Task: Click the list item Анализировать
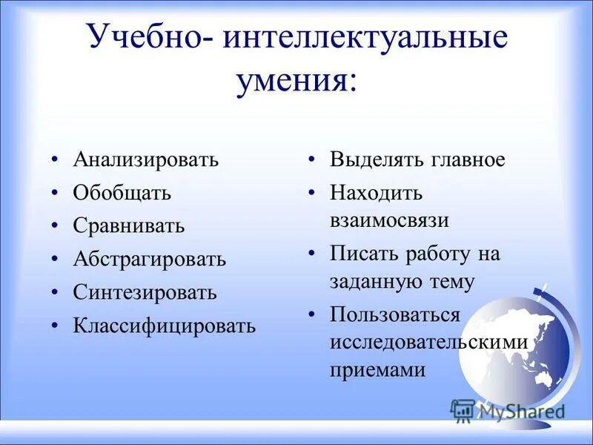[x=145, y=160]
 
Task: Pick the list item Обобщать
[x=122, y=193]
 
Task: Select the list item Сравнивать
[x=128, y=225]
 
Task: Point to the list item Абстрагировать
[x=149, y=260]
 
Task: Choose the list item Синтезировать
[x=145, y=292]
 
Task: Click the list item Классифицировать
[x=164, y=326]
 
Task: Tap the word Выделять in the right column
[x=377, y=160]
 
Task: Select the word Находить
[x=376, y=194]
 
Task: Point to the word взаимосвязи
[x=390, y=220]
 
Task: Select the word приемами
[x=377, y=369]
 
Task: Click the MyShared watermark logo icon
[x=463, y=410]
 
